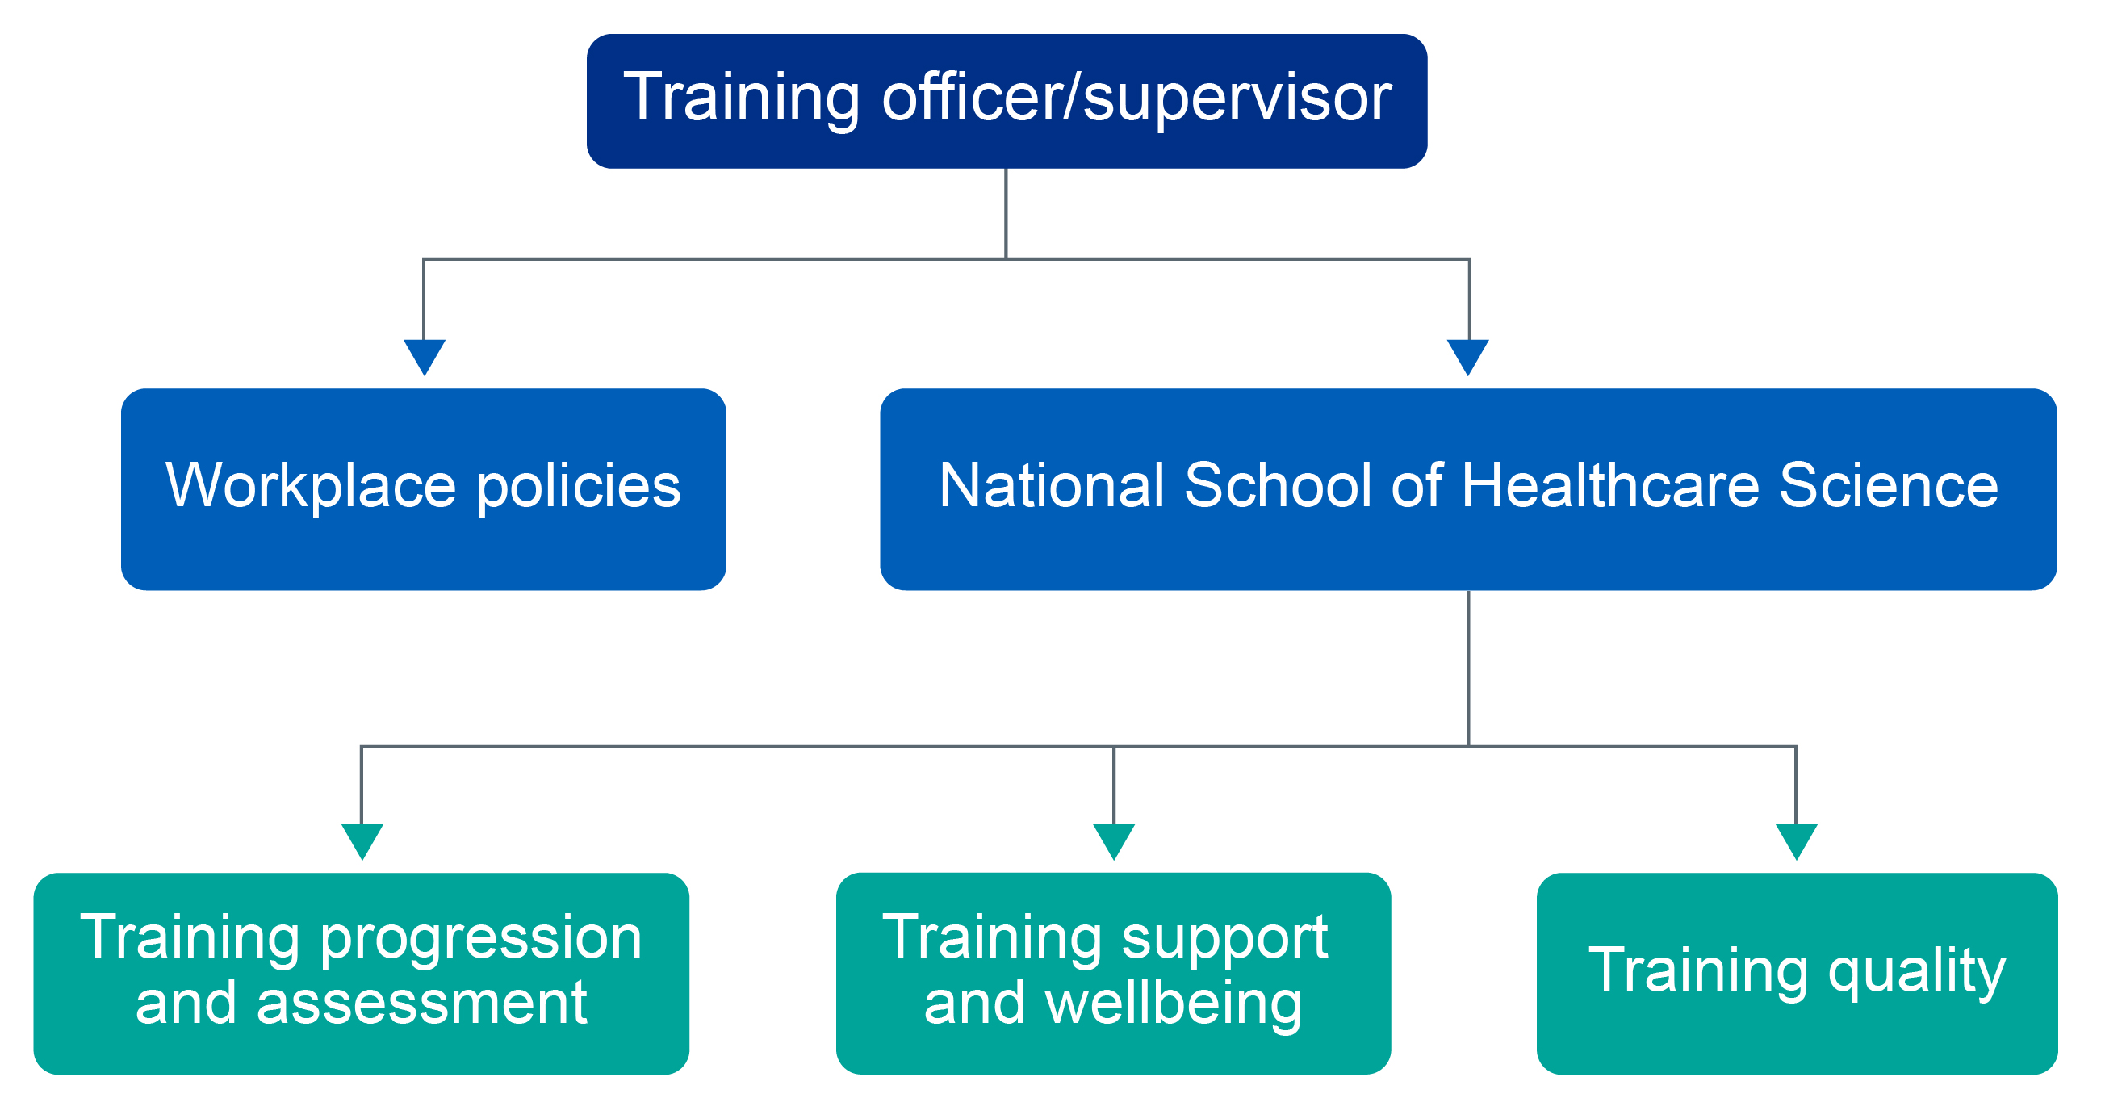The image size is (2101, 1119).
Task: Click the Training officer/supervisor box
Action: click(x=1007, y=101)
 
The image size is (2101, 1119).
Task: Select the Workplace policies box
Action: click(x=423, y=489)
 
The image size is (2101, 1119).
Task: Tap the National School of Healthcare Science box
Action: click(x=1468, y=489)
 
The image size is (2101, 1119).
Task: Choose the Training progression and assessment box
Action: click(x=362, y=974)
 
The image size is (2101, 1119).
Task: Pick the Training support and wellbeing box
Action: click(x=1113, y=974)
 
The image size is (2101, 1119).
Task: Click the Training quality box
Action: click(x=1797, y=974)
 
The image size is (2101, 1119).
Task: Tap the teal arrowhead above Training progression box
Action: click(x=362, y=842)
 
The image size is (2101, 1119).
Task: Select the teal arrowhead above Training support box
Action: click(x=1113, y=842)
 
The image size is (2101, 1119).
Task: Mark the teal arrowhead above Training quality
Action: click(x=1796, y=842)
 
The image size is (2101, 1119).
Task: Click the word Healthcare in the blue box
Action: click(x=1610, y=485)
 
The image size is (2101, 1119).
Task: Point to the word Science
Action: click(x=1889, y=485)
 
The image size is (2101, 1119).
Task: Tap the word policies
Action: click(x=578, y=488)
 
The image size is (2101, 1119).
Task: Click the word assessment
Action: click(x=421, y=1004)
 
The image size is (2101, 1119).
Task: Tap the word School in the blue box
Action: click(x=1278, y=485)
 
